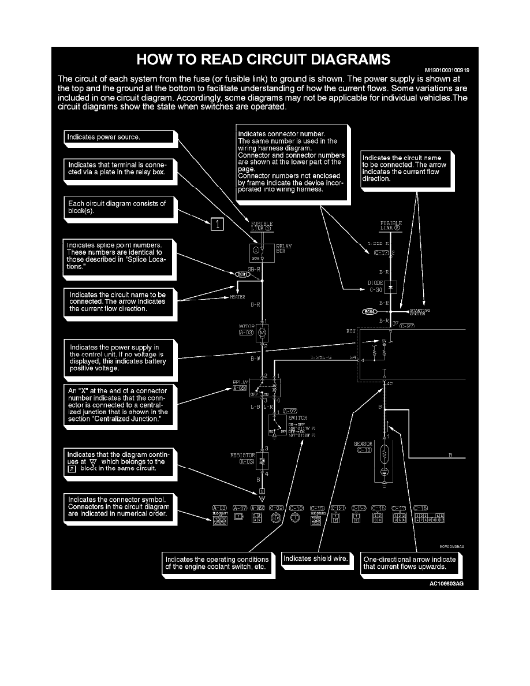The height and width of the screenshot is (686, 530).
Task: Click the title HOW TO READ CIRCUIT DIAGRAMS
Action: point(263,59)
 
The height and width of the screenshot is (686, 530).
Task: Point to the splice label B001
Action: point(242,274)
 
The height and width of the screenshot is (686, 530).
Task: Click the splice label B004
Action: point(369,312)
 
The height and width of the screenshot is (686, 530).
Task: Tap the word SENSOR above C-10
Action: point(363,444)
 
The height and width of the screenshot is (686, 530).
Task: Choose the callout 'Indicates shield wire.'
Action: point(315,559)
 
